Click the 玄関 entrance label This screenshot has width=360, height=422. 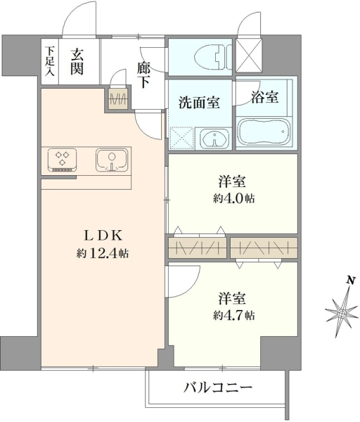click(77, 62)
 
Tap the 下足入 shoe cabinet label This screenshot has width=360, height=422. click(49, 62)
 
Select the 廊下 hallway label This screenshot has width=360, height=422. click(143, 75)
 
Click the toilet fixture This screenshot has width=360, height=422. click(212, 57)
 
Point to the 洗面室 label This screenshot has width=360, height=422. click(200, 102)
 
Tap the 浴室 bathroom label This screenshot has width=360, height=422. click(265, 97)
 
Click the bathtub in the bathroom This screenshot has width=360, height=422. click(264, 133)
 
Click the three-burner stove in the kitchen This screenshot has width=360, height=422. click(62, 160)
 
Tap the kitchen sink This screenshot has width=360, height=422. click(111, 160)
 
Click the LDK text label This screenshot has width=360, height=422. click(103, 236)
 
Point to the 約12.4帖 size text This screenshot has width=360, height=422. click(103, 254)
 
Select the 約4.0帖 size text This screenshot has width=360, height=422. click(234, 198)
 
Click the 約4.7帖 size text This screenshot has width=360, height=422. click(234, 315)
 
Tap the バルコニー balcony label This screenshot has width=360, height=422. click(218, 388)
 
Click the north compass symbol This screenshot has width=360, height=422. click(342, 313)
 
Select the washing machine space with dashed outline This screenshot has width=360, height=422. click(181, 139)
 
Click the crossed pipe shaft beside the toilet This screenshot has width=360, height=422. click(249, 55)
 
